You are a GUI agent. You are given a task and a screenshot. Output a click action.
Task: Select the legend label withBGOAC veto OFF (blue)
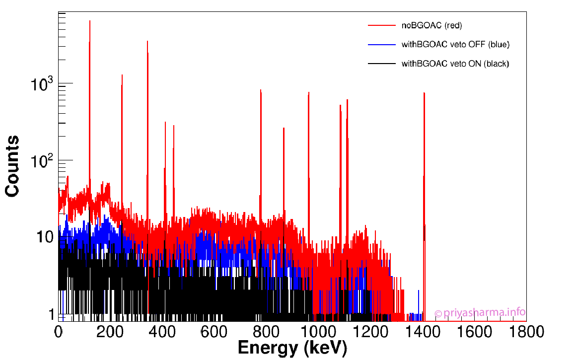pos(455,45)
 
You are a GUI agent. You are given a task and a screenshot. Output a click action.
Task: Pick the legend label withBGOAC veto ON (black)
pos(455,64)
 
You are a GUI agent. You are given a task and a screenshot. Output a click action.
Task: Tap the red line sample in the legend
pos(381,25)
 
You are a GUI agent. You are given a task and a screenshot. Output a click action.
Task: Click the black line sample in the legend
pos(381,64)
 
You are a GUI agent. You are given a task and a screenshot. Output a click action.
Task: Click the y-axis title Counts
pos(12,166)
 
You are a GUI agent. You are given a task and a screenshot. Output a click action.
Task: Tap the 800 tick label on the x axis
pos(267,331)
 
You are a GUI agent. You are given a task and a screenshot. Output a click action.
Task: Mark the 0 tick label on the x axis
pos(59,331)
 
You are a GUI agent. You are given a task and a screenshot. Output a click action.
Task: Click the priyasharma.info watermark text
pos(480,312)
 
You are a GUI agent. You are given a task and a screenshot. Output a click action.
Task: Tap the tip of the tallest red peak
pos(89,21)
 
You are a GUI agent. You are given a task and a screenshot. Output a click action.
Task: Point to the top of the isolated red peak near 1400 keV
pos(424,92)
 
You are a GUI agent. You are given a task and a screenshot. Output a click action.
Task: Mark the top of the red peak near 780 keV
pos(261,90)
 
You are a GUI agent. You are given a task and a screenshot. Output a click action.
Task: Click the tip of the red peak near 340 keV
pos(147,41)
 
